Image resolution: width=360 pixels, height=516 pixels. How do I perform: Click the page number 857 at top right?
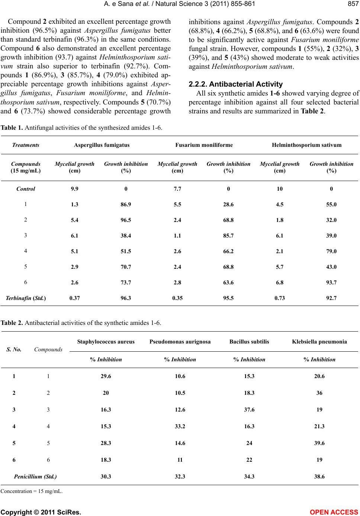353,4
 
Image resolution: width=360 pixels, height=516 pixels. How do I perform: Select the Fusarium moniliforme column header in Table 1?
204,145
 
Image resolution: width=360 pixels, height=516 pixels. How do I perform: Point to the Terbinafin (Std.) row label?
26,298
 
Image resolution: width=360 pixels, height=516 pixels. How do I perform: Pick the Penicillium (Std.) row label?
35,476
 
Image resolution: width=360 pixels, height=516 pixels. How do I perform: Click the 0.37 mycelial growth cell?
74,298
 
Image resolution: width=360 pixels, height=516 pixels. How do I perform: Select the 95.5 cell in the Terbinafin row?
228,298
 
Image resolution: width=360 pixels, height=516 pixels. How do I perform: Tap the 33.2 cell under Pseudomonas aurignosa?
180,426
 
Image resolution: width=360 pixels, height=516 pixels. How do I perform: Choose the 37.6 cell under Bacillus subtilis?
249,409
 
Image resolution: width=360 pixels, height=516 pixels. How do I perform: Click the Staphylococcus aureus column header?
106,341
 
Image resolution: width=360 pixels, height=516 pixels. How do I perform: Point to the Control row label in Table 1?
26,189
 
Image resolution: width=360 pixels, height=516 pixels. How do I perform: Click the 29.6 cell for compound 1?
106,376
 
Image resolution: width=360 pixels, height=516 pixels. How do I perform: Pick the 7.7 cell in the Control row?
177,189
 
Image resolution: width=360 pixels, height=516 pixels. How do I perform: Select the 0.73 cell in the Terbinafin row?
280,298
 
